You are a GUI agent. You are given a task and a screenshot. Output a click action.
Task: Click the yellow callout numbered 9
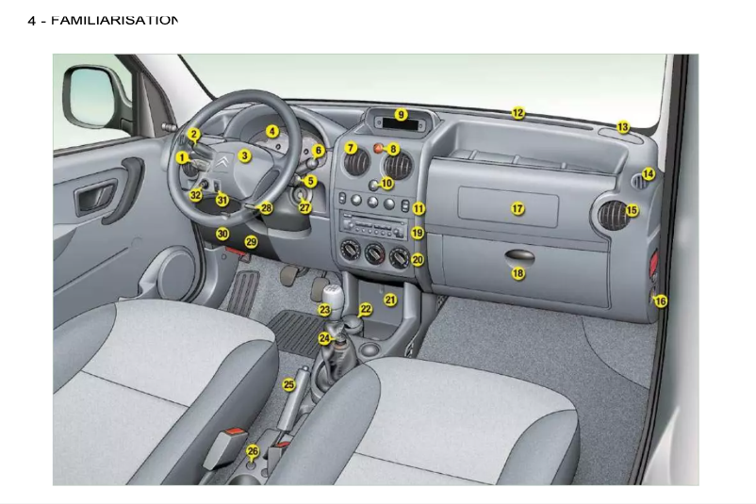click(x=401, y=115)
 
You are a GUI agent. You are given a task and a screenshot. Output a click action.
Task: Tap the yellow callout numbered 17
click(x=518, y=208)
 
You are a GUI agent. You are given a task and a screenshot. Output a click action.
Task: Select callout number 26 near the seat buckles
click(x=253, y=451)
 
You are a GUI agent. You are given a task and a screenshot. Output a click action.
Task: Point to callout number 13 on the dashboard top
click(x=623, y=126)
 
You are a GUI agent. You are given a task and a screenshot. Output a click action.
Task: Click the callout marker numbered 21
click(x=390, y=300)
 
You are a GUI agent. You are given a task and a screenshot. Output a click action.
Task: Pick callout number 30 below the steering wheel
click(x=222, y=234)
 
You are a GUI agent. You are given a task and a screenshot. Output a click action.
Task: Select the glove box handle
click(x=518, y=255)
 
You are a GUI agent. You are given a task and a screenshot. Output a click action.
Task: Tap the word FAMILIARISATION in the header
click(x=114, y=20)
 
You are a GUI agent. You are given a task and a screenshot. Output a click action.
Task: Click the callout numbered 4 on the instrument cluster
click(x=272, y=132)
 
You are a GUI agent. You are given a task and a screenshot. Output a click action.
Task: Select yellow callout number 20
click(x=418, y=259)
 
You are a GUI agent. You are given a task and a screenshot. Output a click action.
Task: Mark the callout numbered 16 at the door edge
click(x=660, y=301)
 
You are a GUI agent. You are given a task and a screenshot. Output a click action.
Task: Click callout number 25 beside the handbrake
click(x=289, y=384)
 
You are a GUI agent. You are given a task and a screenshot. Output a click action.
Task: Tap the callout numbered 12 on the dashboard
click(x=518, y=113)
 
